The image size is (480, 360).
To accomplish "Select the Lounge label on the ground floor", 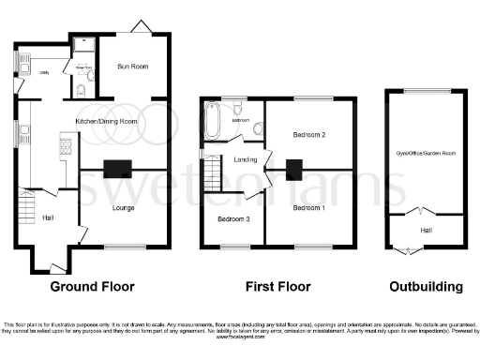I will pyautogui.click(x=122, y=207).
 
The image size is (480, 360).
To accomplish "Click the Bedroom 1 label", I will pyautogui.click(x=309, y=207).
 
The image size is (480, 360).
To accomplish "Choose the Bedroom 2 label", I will pyautogui.click(x=308, y=135).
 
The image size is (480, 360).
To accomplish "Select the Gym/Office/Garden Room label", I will pyautogui.click(x=425, y=152).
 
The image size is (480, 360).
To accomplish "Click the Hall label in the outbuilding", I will pyautogui.click(x=425, y=230).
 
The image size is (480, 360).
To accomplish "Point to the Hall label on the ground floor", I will pyautogui.click(x=48, y=218).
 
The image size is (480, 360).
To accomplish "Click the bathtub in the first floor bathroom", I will pyautogui.click(x=212, y=120).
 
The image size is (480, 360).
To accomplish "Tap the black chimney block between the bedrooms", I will pyautogui.click(x=293, y=170).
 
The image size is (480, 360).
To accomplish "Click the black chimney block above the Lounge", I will pyautogui.click(x=116, y=169).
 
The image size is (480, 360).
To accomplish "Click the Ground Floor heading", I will pyautogui.click(x=92, y=286).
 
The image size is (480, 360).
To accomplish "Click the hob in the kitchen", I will pyautogui.click(x=67, y=144).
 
